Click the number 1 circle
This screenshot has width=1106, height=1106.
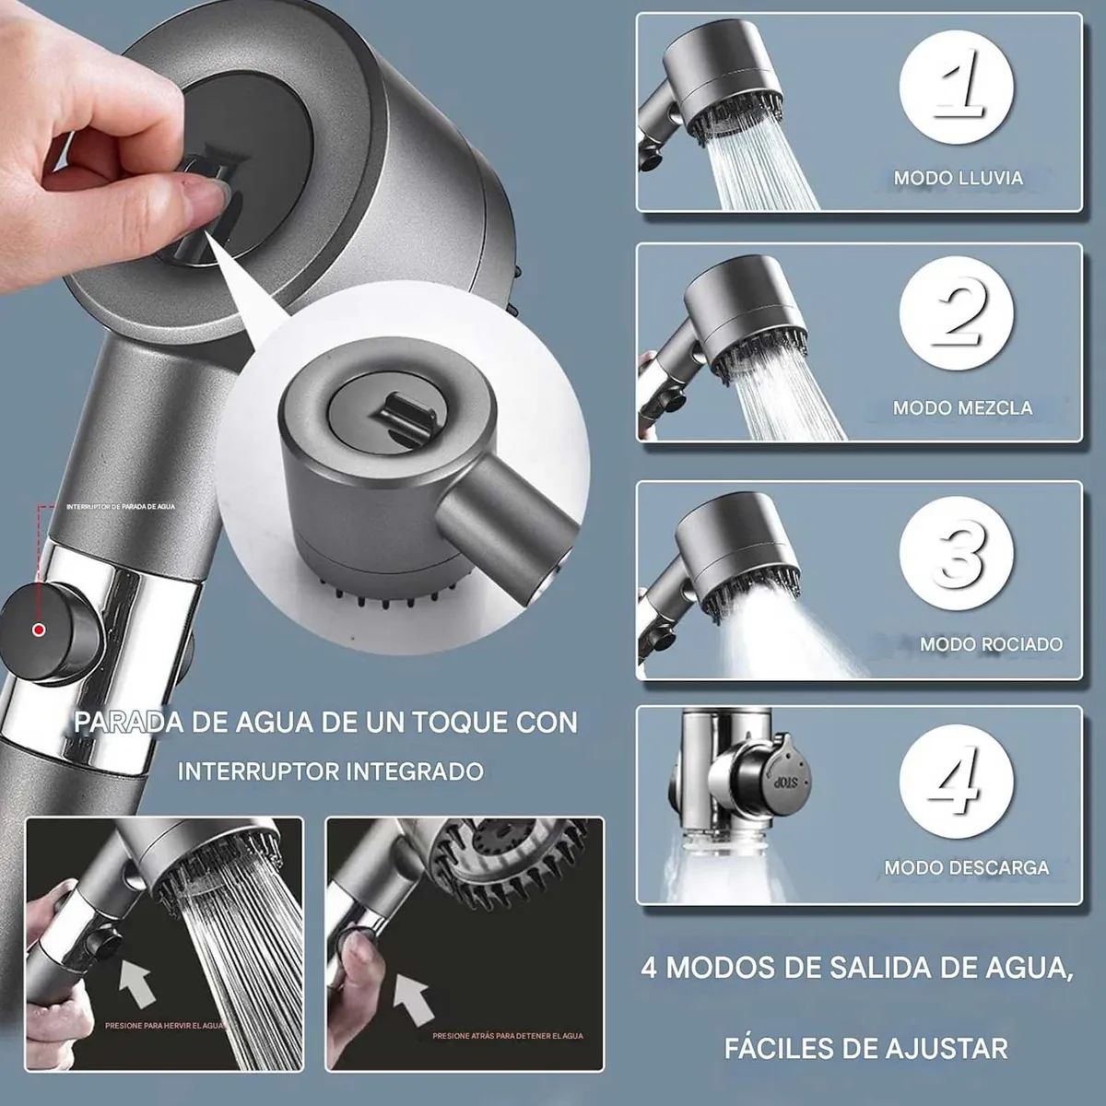pyautogui.click(x=957, y=89)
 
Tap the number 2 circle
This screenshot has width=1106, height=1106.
pyautogui.click(x=957, y=321)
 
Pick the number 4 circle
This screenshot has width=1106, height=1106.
pyautogui.click(x=957, y=786)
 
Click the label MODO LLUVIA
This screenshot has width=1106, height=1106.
pyautogui.click(x=959, y=178)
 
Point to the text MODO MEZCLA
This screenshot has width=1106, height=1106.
pyautogui.click(x=962, y=406)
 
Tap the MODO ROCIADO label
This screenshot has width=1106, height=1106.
pyautogui.click(x=991, y=644)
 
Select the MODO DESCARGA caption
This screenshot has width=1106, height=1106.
pyautogui.click(x=967, y=867)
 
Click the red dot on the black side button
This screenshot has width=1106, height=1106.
pyautogui.click(x=39, y=630)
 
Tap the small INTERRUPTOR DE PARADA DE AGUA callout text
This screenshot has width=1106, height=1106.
pyautogui.click(x=120, y=506)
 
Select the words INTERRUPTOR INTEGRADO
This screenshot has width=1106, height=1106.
pyautogui.click(x=330, y=771)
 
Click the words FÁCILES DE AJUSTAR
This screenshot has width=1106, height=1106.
pyautogui.click(x=865, y=1048)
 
